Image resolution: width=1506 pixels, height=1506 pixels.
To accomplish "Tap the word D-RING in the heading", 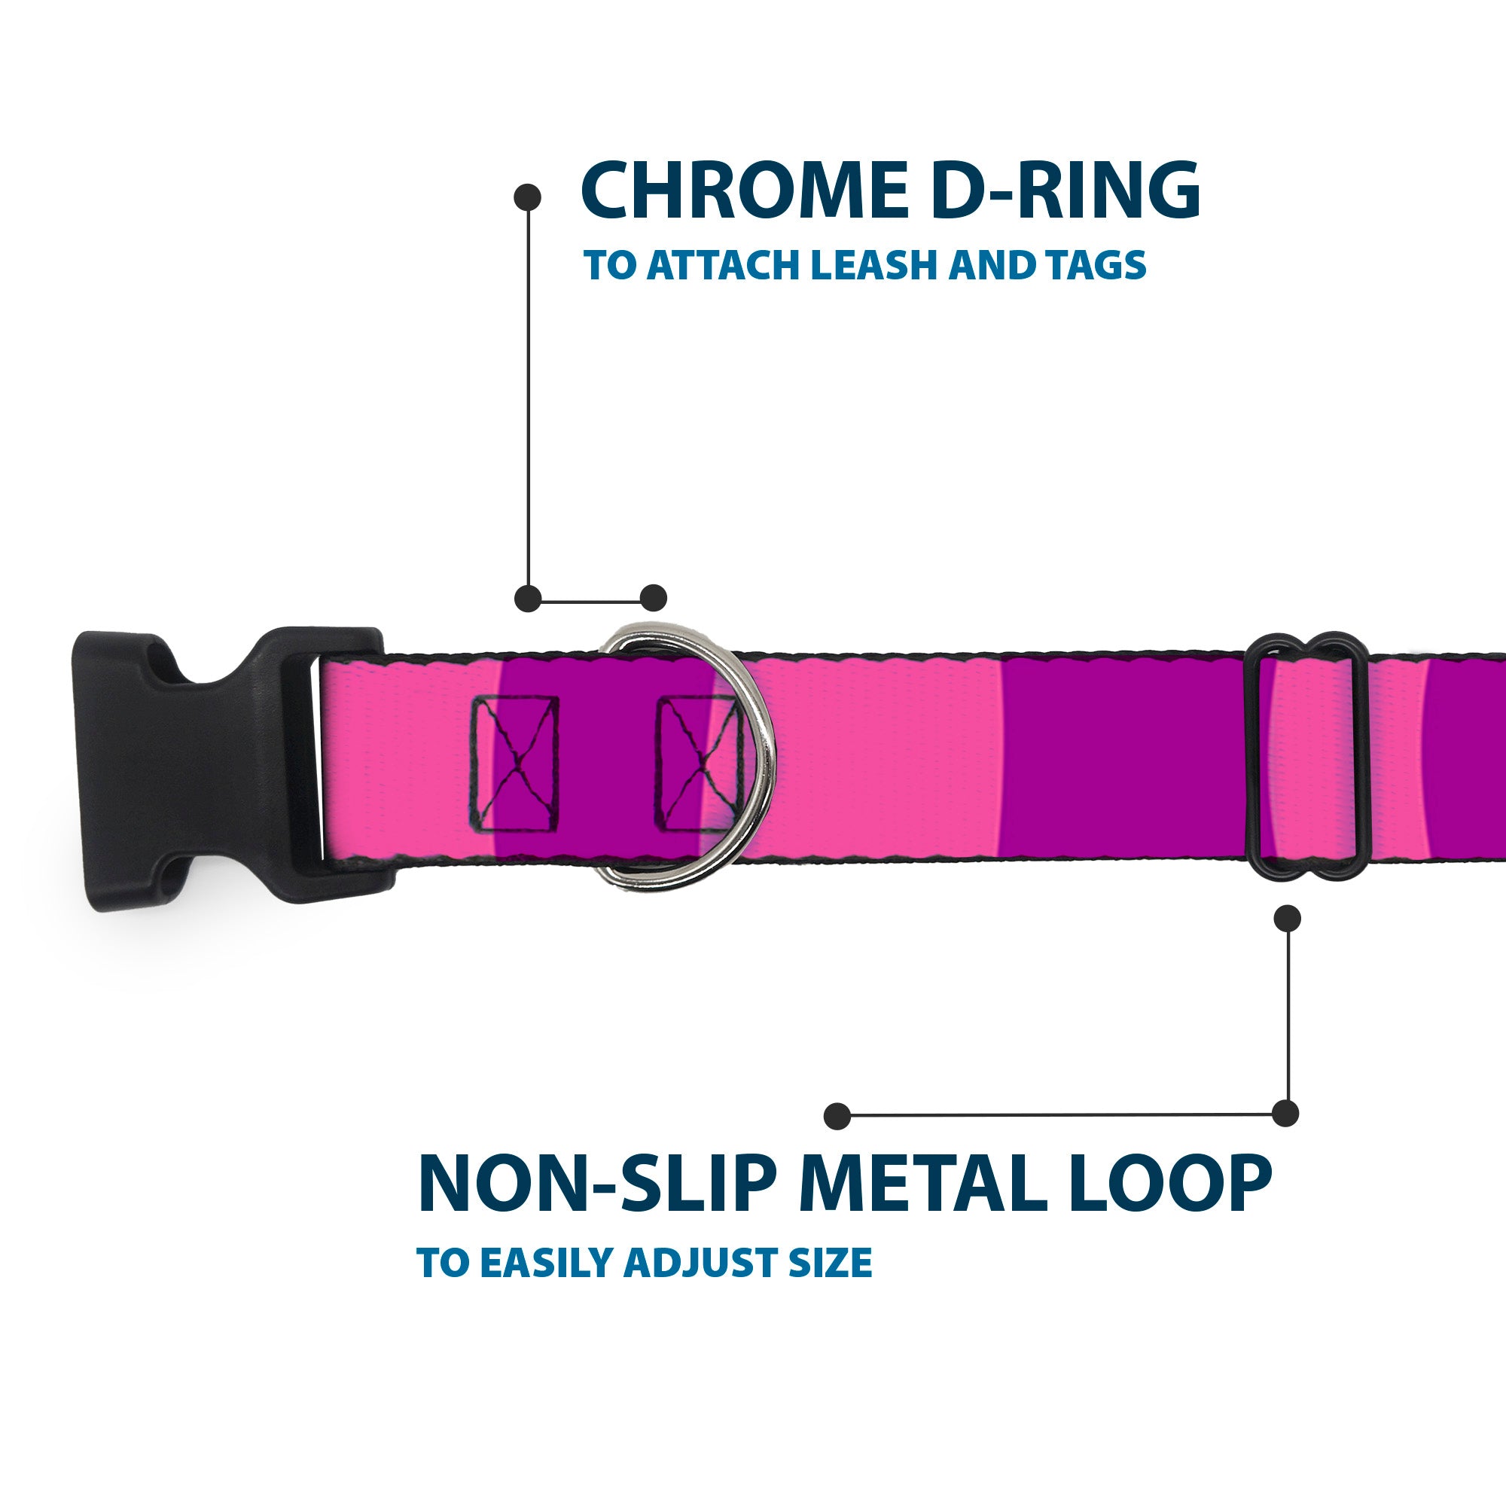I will pos(1065,192).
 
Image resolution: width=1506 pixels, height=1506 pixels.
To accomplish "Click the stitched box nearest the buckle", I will pos(514,764).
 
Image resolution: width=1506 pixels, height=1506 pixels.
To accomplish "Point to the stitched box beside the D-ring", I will pos(698,764).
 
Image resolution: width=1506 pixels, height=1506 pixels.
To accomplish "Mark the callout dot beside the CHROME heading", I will pos(528,197).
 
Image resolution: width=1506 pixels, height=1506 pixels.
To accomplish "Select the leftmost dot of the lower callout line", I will pos(837,1115).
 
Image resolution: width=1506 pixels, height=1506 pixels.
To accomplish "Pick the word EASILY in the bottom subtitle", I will pos(550,1264).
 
